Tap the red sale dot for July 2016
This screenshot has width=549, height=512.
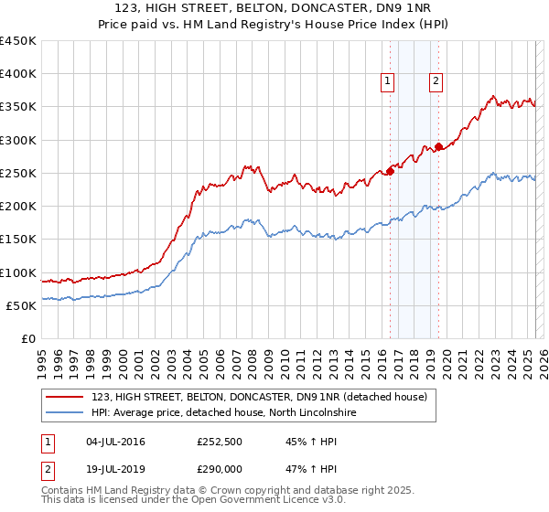pyautogui.click(x=390, y=170)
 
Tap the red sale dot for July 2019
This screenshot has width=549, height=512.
pyautogui.click(x=439, y=145)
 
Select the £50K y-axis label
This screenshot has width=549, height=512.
pyautogui.click(x=22, y=306)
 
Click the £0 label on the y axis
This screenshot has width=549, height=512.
pyautogui.click(x=28, y=339)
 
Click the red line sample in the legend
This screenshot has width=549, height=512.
pyautogui.click(x=65, y=398)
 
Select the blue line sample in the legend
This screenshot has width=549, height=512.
pyautogui.click(x=65, y=413)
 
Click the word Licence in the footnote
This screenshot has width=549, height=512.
pyautogui.click(x=263, y=501)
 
